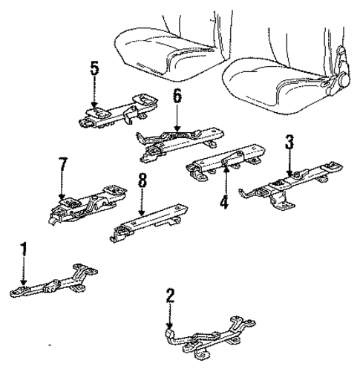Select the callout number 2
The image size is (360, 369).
point(170,295)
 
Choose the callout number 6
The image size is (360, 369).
point(176,96)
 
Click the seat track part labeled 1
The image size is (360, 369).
point(52,286)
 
